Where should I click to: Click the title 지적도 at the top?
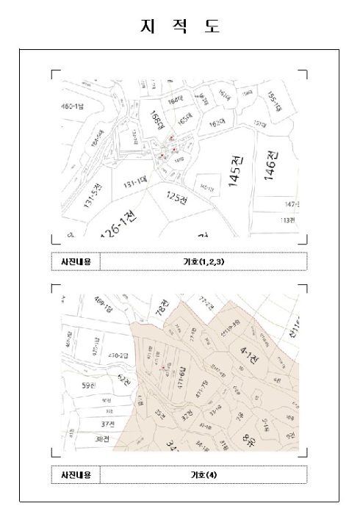point(180,27)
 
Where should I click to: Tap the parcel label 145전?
point(235,172)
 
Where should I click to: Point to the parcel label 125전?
point(178,196)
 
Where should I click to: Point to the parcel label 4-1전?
point(250,358)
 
